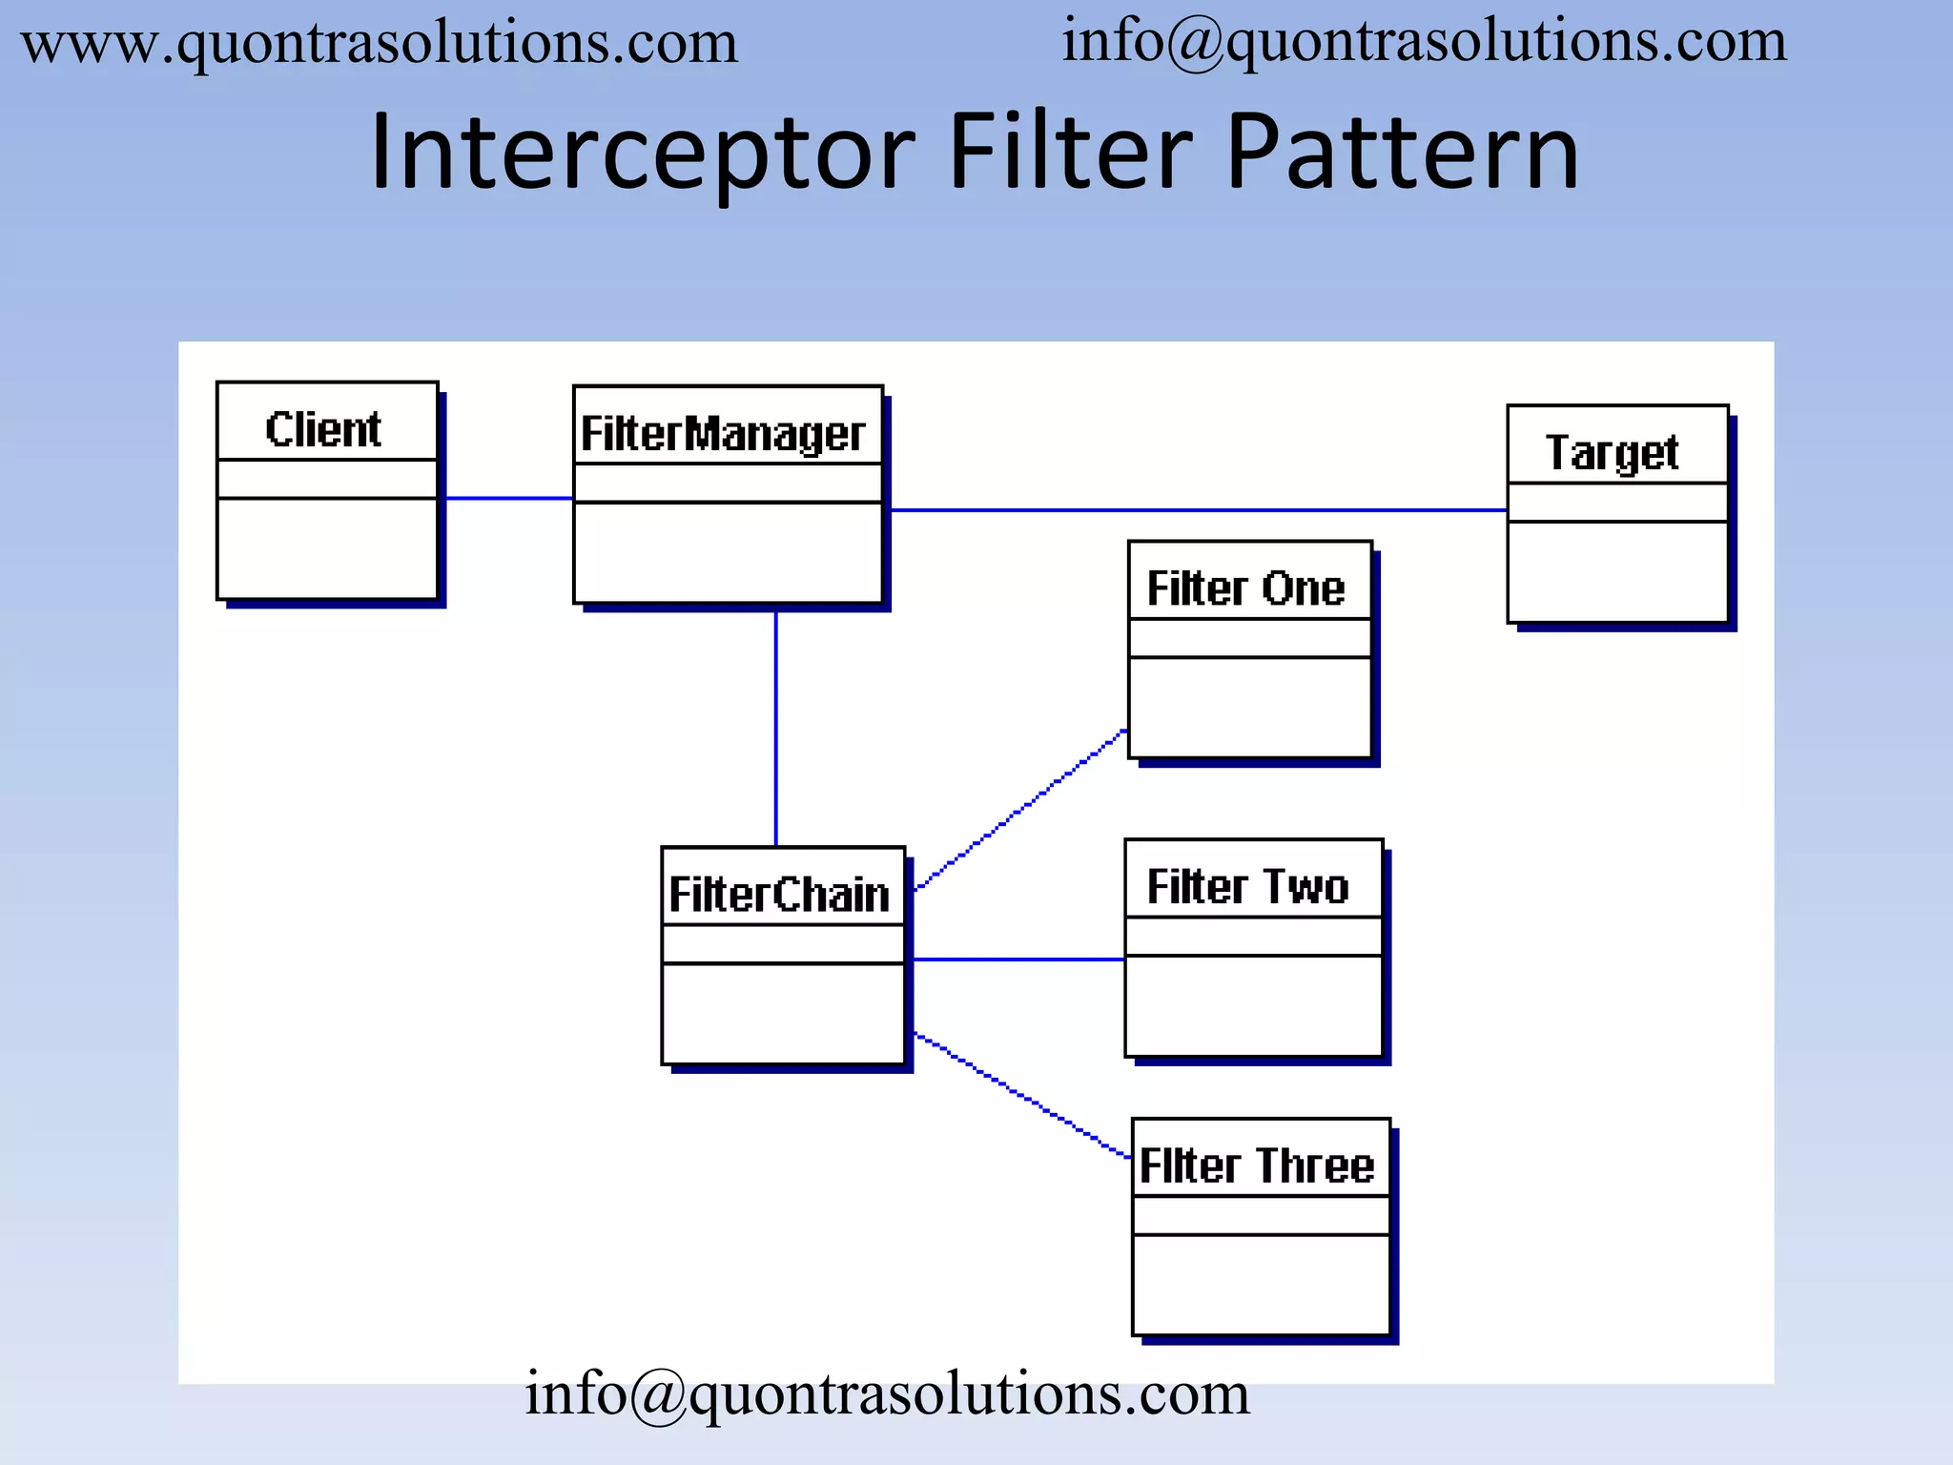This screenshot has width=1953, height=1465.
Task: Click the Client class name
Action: (x=323, y=429)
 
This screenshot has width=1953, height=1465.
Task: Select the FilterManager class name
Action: (x=723, y=434)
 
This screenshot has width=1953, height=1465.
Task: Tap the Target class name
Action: (x=1612, y=452)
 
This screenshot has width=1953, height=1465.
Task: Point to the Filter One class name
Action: (x=1245, y=588)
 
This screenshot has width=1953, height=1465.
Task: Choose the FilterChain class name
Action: (x=779, y=895)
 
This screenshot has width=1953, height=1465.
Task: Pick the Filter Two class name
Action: (x=1247, y=886)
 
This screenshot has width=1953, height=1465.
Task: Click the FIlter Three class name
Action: (x=1257, y=1166)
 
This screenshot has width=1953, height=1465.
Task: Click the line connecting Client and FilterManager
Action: (x=508, y=498)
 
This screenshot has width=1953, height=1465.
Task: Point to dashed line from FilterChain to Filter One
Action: (x=1020, y=810)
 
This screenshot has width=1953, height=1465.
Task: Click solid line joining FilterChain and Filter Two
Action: (x=1018, y=959)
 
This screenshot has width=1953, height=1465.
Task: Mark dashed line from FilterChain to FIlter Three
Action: (x=1020, y=1094)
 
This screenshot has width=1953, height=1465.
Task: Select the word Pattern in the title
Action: (x=1402, y=153)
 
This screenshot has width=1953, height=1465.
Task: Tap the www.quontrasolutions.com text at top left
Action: (x=380, y=44)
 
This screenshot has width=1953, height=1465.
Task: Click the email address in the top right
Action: (x=1424, y=42)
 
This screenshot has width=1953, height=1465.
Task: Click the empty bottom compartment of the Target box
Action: (x=1617, y=571)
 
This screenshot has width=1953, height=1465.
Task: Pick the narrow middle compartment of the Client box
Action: (x=327, y=479)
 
